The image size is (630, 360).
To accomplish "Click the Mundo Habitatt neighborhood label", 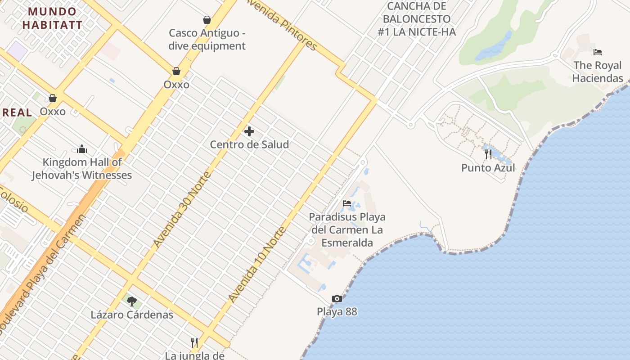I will tap(52, 18).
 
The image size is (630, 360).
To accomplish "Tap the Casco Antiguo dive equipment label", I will tap(207, 39).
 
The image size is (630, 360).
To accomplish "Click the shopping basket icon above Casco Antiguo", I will tap(207, 20).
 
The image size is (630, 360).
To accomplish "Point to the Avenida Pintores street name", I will tap(282, 25).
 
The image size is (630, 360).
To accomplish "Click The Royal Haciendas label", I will tap(598, 72).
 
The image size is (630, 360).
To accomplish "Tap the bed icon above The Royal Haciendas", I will tap(598, 52).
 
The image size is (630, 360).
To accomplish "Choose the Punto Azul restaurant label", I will tap(488, 168).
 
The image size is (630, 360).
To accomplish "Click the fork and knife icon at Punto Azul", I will tap(488, 154).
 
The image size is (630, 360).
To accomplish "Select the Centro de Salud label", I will tap(249, 144).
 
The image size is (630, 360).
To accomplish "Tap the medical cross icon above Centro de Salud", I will tap(249, 131).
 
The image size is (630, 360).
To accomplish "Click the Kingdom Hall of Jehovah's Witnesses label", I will tap(82, 169).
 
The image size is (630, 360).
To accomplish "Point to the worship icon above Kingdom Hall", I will tap(82, 149).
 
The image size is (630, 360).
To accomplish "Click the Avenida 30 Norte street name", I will tap(181, 209).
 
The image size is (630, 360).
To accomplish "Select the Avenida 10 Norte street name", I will tap(257, 265).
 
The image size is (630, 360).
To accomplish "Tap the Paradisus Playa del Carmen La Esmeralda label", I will tap(347, 230).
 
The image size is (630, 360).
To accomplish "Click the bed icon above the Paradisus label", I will tap(347, 203).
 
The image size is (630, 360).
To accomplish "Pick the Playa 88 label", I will tap(337, 311).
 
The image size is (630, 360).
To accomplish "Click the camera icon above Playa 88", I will tap(337, 298).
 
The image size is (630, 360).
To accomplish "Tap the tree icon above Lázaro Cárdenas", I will tap(131, 301).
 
